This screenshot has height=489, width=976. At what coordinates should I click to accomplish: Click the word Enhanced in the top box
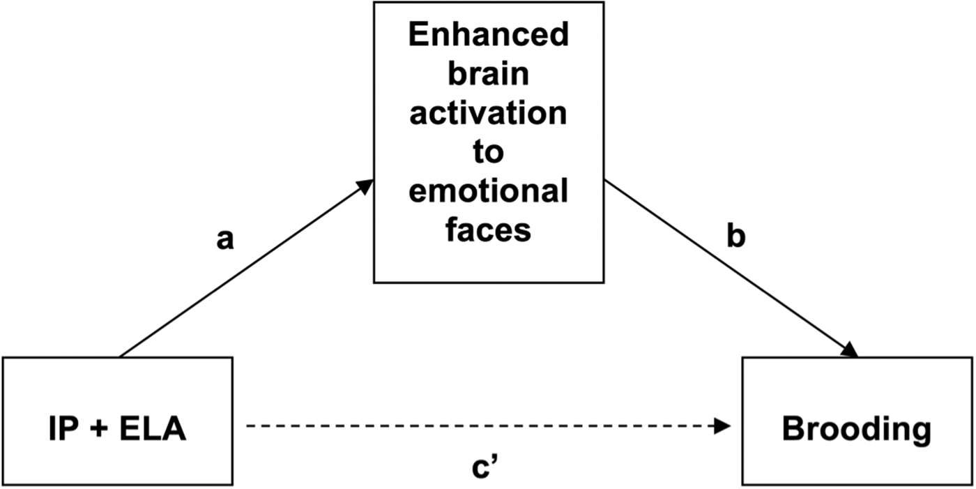click(x=488, y=35)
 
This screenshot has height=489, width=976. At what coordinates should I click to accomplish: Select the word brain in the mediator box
click(x=488, y=74)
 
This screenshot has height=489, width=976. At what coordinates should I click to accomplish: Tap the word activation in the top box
click(x=488, y=113)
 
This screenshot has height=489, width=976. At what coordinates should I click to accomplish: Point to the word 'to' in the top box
click(x=488, y=152)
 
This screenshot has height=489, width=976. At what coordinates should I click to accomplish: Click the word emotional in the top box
click(x=488, y=191)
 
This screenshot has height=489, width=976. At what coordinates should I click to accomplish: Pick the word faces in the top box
click(x=488, y=230)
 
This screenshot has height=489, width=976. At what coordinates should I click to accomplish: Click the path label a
click(x=224, y=239)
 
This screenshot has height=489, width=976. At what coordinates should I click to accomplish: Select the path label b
click(x=735, y=237)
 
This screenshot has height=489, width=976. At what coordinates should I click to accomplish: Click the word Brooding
click(x=856, y=429)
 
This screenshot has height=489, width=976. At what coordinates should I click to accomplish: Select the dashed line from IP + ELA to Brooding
click(x=481, y=426)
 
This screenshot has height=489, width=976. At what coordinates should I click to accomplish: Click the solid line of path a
click(x=244, y=270)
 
